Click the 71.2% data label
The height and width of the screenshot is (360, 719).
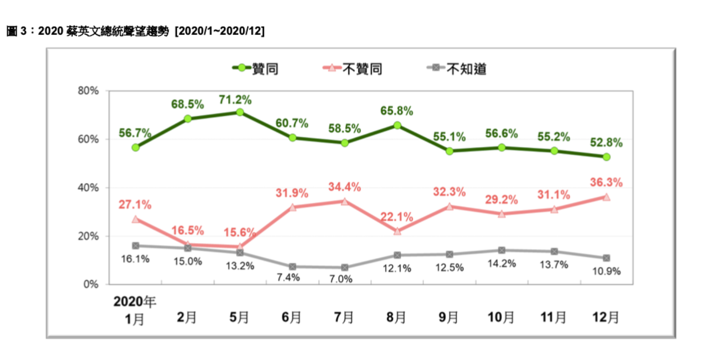[235, 99]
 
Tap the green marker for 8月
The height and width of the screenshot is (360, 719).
[397, 125]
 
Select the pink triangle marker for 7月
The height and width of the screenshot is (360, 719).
[345, 201]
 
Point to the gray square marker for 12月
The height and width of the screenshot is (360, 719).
[606, 258]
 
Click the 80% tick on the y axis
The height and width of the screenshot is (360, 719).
[88, 91]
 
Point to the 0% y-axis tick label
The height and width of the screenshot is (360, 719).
[91, 284]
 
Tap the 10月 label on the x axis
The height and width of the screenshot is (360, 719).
[501, 318]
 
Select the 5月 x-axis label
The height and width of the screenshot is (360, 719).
[239, 318]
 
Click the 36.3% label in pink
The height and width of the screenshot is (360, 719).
[608, 183]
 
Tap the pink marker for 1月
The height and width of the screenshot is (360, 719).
[135, 219]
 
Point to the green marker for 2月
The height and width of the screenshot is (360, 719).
[188, 118]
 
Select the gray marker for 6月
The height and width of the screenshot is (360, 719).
[292, 266]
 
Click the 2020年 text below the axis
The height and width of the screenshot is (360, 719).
[134, 302]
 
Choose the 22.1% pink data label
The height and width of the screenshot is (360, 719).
[397, 217]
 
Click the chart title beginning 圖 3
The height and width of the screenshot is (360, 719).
[135, 31]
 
